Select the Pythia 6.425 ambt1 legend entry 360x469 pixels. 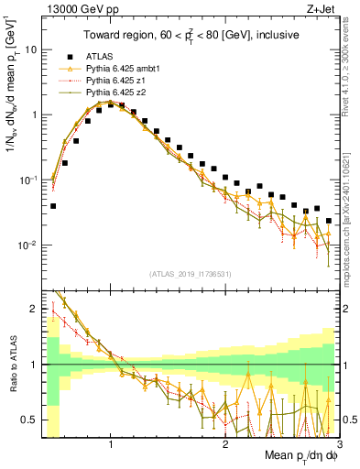click(123, 69)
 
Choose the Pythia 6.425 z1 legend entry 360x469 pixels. click(116, 81)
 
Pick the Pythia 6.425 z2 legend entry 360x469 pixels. click(116, 93)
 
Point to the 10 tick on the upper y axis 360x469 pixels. click(31, 49)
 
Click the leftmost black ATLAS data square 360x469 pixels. click(53, 206)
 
